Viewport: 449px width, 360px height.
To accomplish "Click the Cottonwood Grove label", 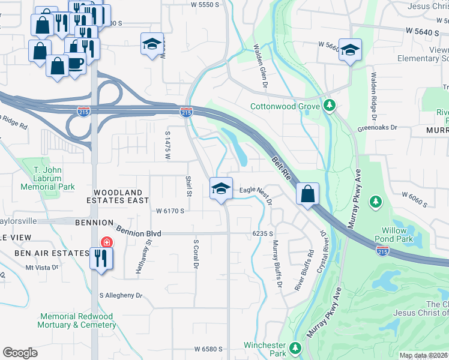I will click(285, 107).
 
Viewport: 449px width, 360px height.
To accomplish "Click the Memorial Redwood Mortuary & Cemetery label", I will click(78, 320).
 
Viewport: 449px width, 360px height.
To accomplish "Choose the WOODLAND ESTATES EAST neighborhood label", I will click(118, 197).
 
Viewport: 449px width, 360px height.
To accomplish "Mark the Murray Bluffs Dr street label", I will click(277, 264).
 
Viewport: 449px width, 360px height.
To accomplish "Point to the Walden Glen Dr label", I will click(260, 66).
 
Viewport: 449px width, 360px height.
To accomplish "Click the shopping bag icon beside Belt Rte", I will click(307, 194).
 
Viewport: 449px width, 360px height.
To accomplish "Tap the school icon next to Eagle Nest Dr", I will click(221, 188).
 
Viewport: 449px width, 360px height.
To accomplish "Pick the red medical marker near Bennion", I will click(106, 242).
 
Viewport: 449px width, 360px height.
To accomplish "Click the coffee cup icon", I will click(75, 62).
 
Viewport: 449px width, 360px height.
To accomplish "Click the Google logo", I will click(20, 353).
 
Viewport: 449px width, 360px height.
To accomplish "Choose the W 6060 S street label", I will click(411, 200).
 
